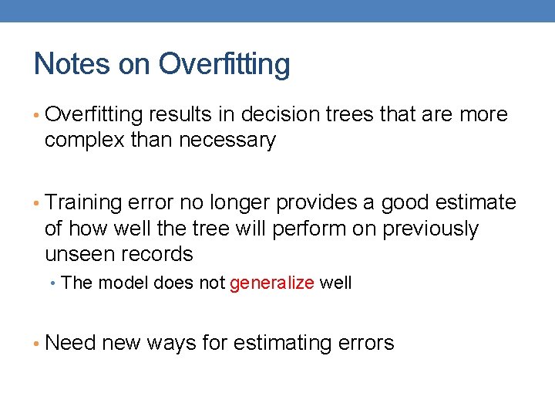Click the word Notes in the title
coord(72,63)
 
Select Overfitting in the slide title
coord(224,63)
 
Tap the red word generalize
coord(272,283)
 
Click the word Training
coord(84,203)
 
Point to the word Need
coord(71,343)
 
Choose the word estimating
coord(290,343)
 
